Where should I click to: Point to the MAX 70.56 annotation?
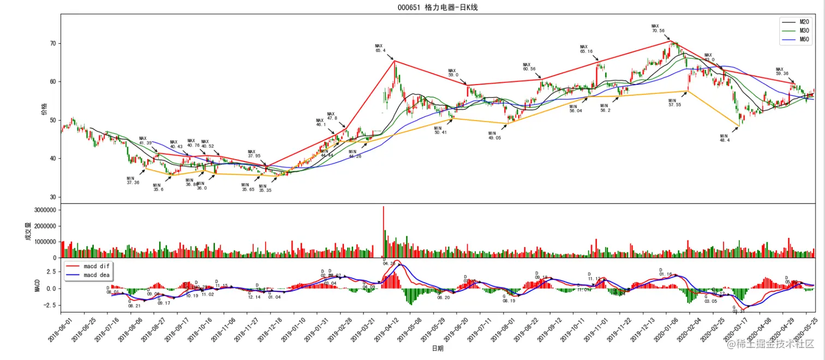point(658,28)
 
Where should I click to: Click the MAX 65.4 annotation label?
point(380,48)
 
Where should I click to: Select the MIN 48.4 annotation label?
point(724,138)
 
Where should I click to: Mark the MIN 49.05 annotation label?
point(494,135)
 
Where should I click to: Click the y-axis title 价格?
point(44,109)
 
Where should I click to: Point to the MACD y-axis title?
point(38,285)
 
